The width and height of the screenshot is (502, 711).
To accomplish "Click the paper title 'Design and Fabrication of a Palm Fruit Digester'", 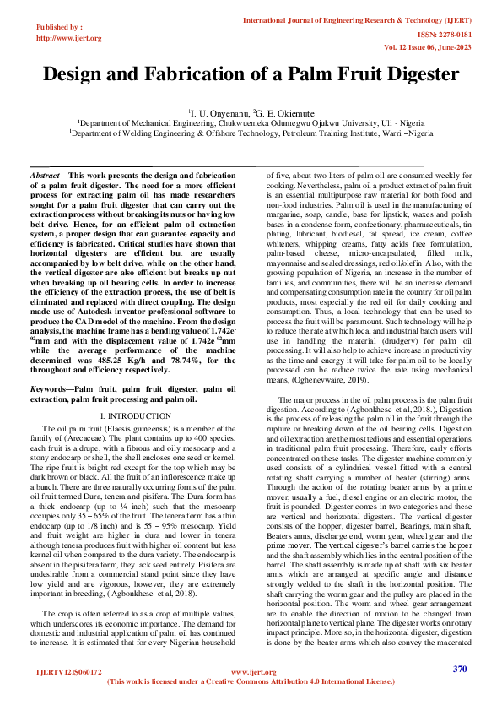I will (251, 73).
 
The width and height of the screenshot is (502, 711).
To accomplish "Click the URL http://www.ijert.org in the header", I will (69, 38).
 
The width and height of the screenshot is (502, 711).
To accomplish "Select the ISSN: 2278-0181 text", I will (449, 35).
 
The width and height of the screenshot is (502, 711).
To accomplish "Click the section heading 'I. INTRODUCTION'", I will (135, 416).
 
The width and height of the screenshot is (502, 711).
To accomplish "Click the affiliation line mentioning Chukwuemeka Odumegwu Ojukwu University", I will (251, 122).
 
